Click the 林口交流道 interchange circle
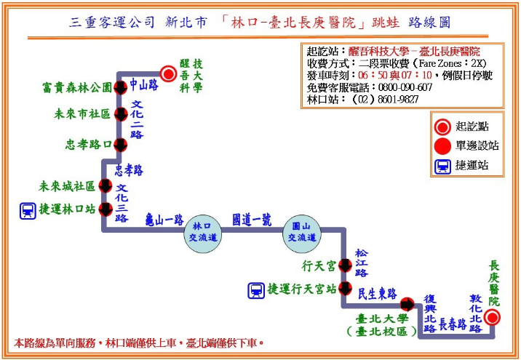tap(203, 233)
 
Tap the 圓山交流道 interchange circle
tap(302, 233)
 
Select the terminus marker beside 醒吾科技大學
tap(168, 73)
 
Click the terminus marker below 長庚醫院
tap(492, 318)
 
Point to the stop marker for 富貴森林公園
tap(120, 88)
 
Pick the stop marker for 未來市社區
tap(121, 114)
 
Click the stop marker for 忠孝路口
tap(120, 145)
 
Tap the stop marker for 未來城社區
tap(106, 186)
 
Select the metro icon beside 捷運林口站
tap(28, 211)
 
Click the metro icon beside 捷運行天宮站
tap(256, 290)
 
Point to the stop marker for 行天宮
tap(345, 265)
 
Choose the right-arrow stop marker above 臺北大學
tap(407, 304)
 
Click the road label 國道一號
tap(252, 220)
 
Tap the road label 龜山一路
tap(164, 220)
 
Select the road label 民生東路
tap(378, 294)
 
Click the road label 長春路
tap(453, 324)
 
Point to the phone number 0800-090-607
tap(405, 87)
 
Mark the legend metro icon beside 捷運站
tap(442, 166)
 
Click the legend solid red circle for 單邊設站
tap(442, 145)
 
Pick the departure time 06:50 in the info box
tap(373, 76)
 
